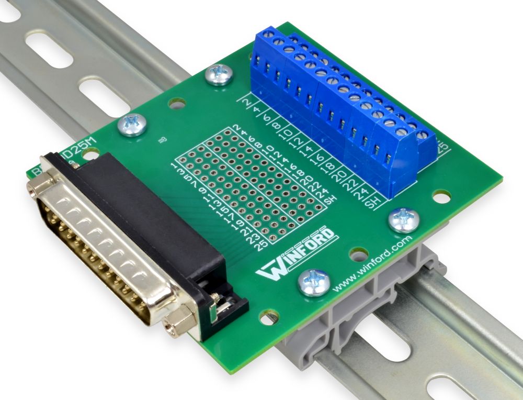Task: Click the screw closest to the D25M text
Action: click(x=132, y=125)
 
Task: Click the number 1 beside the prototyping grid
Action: click(x=174, y=166)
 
